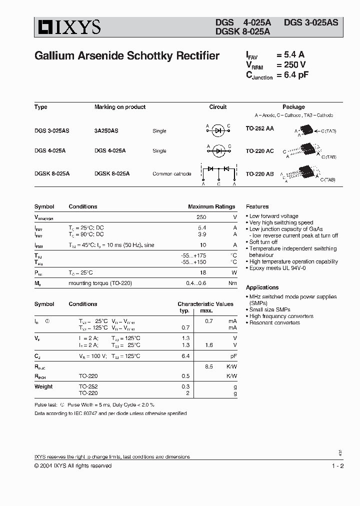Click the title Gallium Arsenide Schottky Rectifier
pos(127,56)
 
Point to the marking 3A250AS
pos(106,130)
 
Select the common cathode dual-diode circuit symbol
pos(218,173)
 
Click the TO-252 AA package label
pos(259,128)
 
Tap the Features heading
pos(257,206)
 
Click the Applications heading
pos(262,287)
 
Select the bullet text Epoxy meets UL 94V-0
pos(277,268)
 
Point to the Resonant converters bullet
pos(274,322)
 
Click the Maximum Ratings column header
pos(211,206)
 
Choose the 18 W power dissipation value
pos(202,272)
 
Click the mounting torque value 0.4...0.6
pos(196,283)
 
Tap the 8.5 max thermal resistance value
pos(209,366)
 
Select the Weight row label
pos(43,386)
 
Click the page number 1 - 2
pos(337,466)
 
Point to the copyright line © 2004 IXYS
pos(73,466)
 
